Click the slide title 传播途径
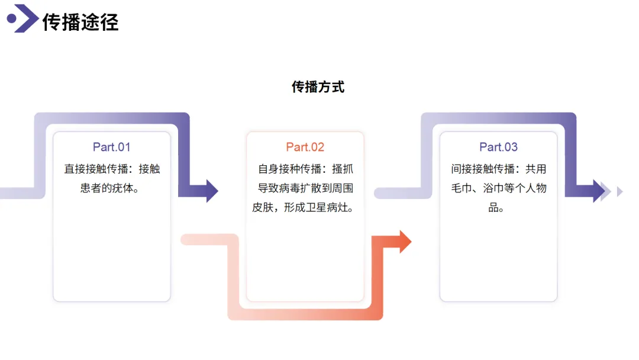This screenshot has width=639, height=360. [80, 22]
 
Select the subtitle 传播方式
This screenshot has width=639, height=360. [318, 87]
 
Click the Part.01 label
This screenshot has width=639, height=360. [111, 147]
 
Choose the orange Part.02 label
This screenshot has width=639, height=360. [305, 147]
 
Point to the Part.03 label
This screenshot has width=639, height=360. [498, 147]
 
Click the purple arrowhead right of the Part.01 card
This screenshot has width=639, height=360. [212, 191]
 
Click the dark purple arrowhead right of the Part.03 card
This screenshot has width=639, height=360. [599, 191]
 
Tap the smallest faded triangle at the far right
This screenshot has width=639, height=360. [619, 191]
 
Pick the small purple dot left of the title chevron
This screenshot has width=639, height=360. [11, 19]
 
